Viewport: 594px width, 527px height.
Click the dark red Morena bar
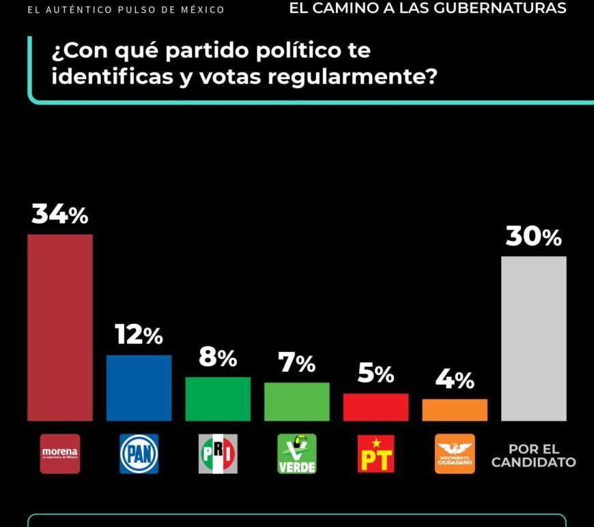click(x=60, y=327)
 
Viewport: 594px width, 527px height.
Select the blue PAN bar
click(x=139, y=388)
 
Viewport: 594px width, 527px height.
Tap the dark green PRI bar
click(x=218, y=399)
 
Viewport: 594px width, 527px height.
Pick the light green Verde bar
click(x=297, y=402)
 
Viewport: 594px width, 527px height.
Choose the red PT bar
click(x=376, y=407)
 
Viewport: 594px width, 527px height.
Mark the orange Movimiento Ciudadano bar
click(x=455, y=410)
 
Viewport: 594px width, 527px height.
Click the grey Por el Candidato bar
click(x=534, y=338)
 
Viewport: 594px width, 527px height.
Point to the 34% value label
click(x=60, y=215)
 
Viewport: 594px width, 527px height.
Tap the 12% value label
click(x=139, y=335)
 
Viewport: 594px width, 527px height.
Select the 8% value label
click(x=218, y=357)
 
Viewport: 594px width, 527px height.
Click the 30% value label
click(x=534, y=237)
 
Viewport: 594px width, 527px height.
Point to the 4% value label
click(x=455, y=380)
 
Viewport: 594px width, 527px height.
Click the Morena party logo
click(x=60, y=453)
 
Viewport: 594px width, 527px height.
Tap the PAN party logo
click(x=139, y=453)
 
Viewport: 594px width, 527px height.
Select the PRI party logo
click(x=218, y=453)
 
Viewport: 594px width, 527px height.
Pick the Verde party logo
click(x=297, y=453)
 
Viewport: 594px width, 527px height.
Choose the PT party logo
click(x=376, y=453)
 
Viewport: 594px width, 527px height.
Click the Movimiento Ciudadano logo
click(x=455, y=453)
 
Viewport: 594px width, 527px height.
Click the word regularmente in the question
click(x=352, y=76)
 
